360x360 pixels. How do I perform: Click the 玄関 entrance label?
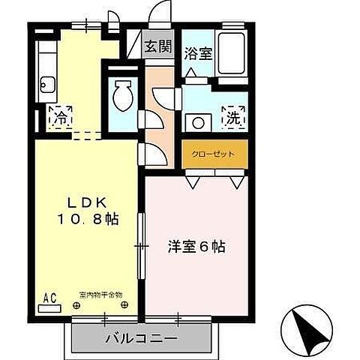click(158, 46)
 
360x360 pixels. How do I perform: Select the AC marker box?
click(49, 298)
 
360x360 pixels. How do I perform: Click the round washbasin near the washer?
click(199, 120)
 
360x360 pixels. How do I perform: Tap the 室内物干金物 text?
click(100, 295)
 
